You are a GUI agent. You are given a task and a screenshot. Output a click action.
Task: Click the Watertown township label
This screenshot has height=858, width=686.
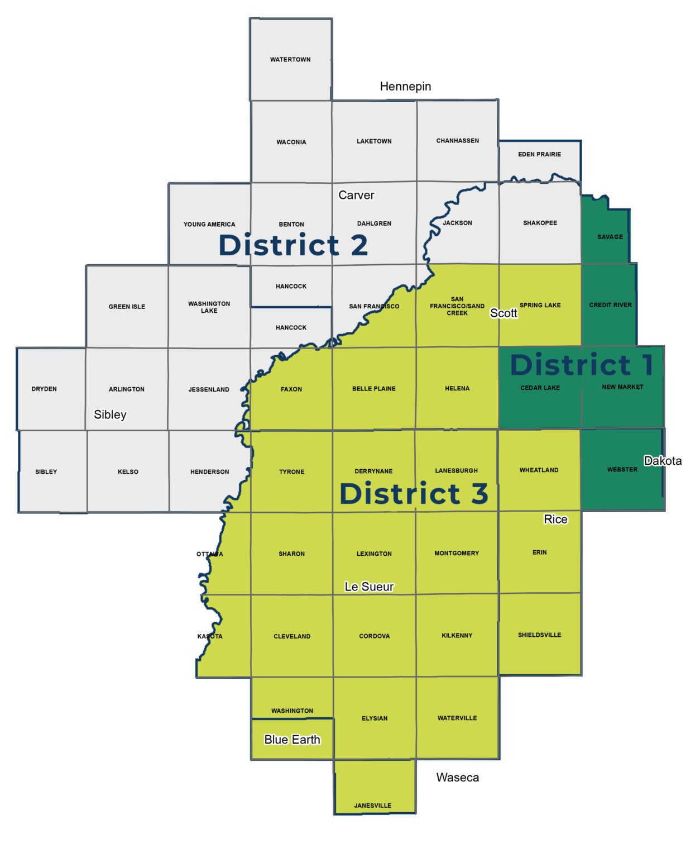click(x=290, y=60)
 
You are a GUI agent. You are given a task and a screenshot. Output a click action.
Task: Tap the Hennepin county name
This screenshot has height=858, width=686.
click(x=405, y=87)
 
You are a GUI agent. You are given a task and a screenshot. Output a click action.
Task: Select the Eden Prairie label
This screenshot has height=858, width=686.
click(x=539, y=154)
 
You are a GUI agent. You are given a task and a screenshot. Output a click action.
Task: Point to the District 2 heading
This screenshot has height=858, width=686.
click(x=293, y=245)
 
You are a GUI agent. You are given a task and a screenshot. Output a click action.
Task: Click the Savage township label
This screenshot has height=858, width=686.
click(x=610, y=237)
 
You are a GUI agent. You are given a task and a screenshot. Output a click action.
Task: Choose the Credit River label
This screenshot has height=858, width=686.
click(x=610, y=305)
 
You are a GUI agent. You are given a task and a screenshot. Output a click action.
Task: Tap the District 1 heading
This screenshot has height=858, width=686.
click(x=582, y=365)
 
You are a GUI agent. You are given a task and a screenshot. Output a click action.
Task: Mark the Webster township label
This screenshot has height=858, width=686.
click(x=622, y=470)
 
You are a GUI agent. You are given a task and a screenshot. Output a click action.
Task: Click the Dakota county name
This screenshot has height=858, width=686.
click(x=663, y=461)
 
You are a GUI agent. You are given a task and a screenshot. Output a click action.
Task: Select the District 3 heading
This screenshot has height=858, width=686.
click(x=414, y=494)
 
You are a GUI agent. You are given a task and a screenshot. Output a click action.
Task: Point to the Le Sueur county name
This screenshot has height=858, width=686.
click(x=369, y=587)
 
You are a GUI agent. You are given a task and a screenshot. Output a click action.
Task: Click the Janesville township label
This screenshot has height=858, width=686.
click(x=372, y=805)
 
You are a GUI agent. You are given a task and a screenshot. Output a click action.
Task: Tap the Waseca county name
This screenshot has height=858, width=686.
click(x=457, y=778)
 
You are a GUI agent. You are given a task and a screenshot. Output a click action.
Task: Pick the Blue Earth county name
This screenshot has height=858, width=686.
click(x=292, y=740)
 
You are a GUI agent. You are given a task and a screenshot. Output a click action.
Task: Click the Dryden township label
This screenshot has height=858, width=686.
click(x=44, y=389)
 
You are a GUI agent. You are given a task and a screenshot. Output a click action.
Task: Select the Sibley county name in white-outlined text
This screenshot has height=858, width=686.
click(x=110, y=414)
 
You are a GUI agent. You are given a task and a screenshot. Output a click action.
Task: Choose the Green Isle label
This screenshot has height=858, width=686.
click(x=127, y=307)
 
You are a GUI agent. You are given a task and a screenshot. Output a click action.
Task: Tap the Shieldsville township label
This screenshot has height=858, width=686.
click(x=539, y=635)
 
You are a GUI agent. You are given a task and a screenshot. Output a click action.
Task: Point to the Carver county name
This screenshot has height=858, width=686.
click(x=356, y=196)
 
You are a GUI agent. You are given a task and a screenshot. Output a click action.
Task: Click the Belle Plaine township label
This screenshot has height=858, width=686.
click(x=373, y=389)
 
